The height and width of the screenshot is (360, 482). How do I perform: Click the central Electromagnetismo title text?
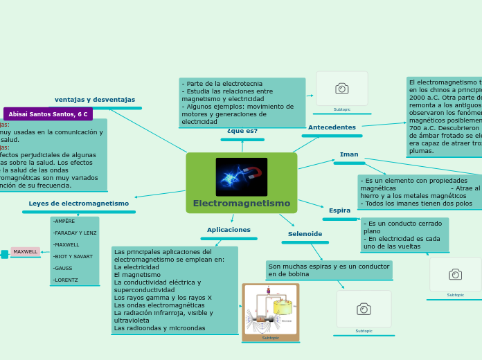pyautogui.click(x=242, y=204)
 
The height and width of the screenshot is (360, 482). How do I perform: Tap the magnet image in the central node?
pyautogui.click(x=242, y=177)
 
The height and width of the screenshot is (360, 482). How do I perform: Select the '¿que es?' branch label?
pyautogui.click(x=242, y=131)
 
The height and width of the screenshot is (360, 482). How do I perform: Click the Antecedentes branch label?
pyautogui.click(x=332, y=127)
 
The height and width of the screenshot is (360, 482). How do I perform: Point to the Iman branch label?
pyautogui.click(x=349, y=154)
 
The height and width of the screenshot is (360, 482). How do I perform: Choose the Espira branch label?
pyautogui.click(x=339, y=210)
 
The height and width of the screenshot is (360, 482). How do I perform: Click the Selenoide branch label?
pyautogui.click(x=305, y=234)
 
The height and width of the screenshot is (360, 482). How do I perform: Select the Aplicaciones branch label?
pyautogui.click(x=229, y=230)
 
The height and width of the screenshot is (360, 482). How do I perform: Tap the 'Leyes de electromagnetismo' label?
pyautogui.click(x=79, y=204)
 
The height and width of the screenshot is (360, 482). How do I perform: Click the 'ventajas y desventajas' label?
pyautogui.click(x=95, y=100)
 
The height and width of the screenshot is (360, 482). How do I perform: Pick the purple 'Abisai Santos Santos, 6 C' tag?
pyautogui.click(x=48, y=114)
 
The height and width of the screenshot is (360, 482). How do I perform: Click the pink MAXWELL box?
pyautogui.click(x=26, y=252)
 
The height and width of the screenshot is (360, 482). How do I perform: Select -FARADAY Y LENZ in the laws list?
pyautogui.click(x=75, y=233)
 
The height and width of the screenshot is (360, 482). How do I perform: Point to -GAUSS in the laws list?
pyautogui.click(x=63, y=269)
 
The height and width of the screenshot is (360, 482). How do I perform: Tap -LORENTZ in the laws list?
pyautogui.click(x=66, y=280)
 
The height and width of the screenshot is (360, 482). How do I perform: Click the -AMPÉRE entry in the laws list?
pyautogui.click(x=64, y=222)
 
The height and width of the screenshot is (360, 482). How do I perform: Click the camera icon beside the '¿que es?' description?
pyautogui.click(x=341, y=89)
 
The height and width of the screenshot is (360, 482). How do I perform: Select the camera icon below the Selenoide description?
pyautogui.click(x=364, y=309)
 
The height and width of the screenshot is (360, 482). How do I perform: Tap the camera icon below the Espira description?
pyautogui.click(x=455, y=274)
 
